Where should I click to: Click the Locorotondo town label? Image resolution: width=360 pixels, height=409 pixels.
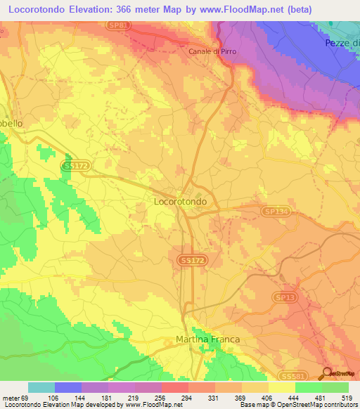[x=180, y=201]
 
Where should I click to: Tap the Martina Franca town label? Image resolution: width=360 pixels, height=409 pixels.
[x=207, y=339]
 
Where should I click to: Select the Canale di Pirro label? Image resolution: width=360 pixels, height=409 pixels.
[x=210, y=51]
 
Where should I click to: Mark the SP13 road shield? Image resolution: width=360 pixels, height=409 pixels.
[x=283, y=297]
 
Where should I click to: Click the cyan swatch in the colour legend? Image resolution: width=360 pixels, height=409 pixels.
[x=41, y=387]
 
